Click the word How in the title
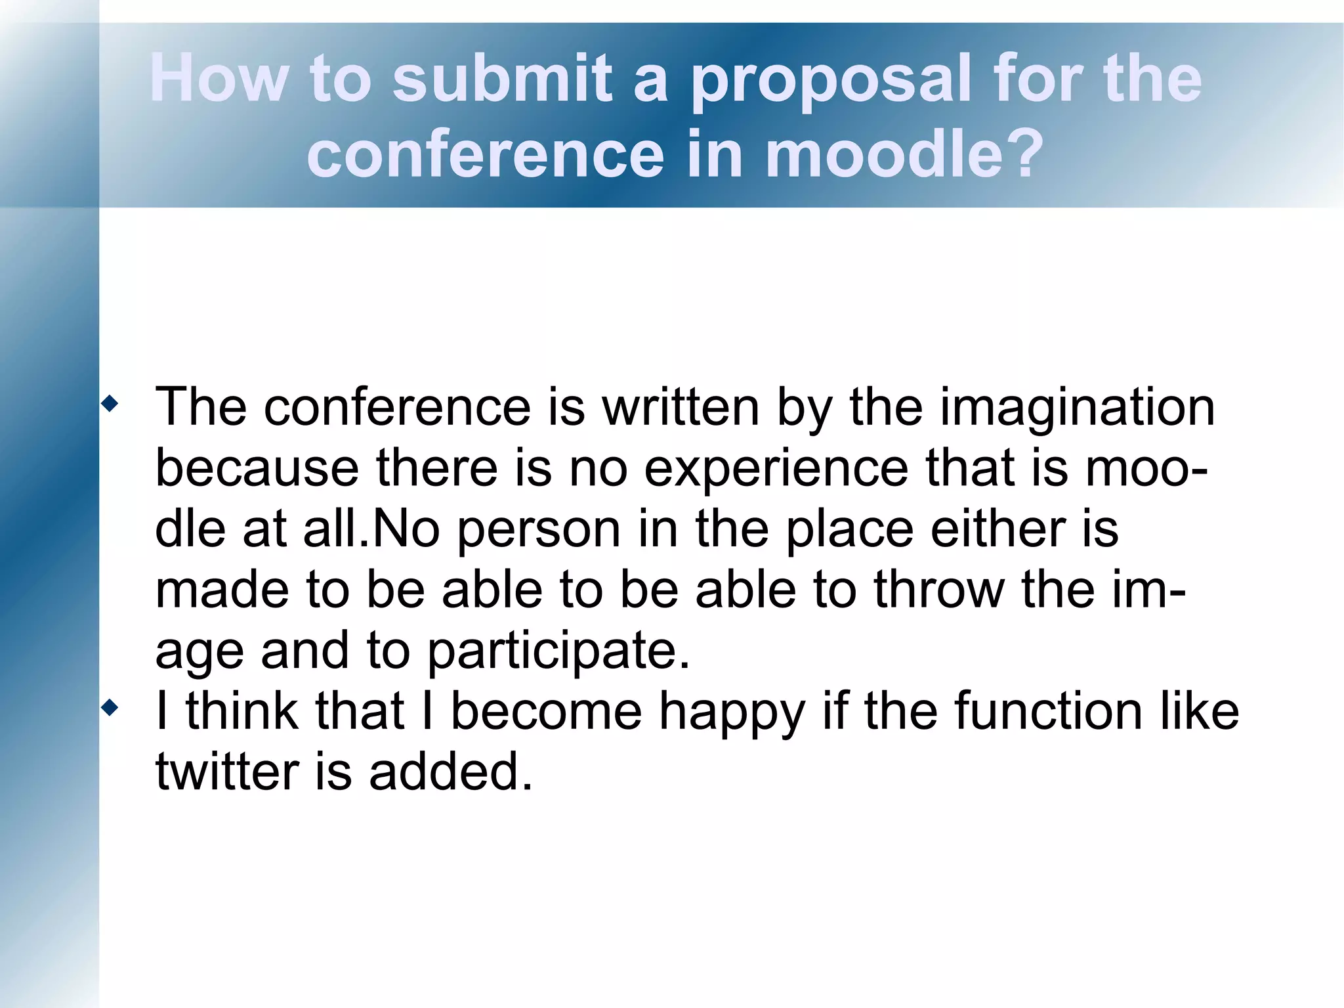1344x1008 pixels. [219, 78]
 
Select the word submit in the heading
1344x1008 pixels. [502, 78]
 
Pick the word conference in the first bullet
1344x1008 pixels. [397, 407]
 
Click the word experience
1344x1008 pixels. [776, 469]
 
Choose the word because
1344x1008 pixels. [257, 468]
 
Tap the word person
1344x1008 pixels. [539, 529]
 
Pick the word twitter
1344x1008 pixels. [226, 771]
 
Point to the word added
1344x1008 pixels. [450, 771]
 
